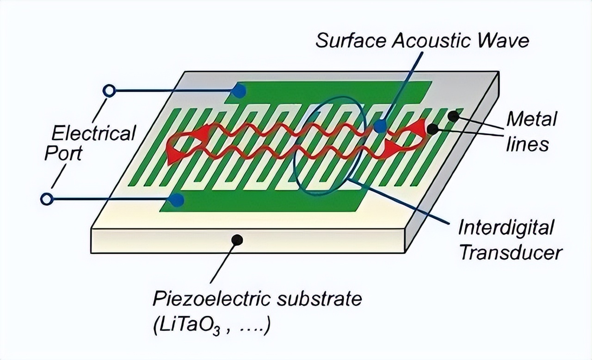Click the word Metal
[531, 119]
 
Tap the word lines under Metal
[527, 144]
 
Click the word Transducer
[511, 252]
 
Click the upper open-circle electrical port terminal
[109, 91]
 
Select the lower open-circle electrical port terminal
[46, 199]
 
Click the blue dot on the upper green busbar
[238, 91]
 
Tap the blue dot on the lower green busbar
[176, 200]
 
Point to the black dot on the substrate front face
[237, 240]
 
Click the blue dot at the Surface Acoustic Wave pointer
[380, 126]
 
